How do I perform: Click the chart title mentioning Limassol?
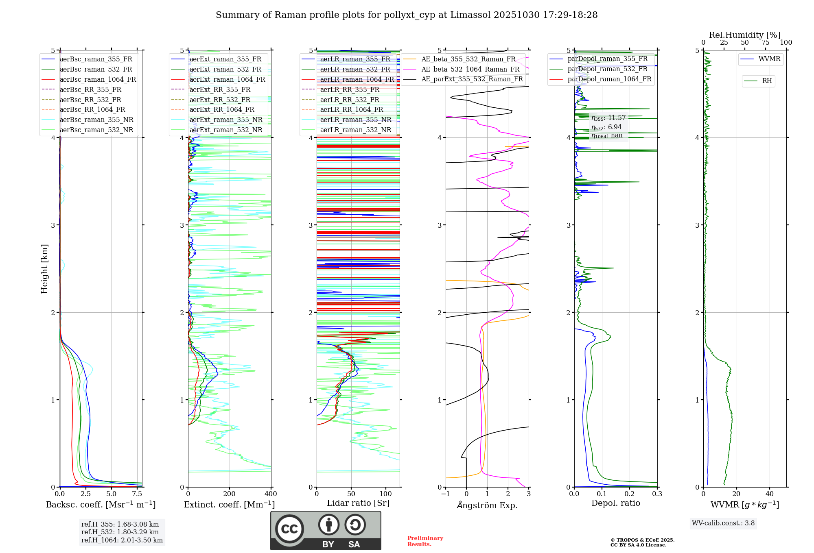pyautogui.click(x=407, y=15)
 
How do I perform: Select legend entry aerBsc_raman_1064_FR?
pyautogui.click(x=98, y=79)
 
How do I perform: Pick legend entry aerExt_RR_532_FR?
pyautogui.click(x=220, y=100)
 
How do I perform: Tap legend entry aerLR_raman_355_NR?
pyautogui.click(x=355, y=120)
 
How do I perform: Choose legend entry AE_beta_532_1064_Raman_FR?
pyautogui.click(x=470, y=69)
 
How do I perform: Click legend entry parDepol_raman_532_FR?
pyautogui.click(x=607, y=69)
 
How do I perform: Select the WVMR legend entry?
pyautogui.click(x=769, y=59)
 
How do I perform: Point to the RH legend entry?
pyautogui.click(x=767, y=81)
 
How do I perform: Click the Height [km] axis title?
pyautogui.click(x=44, y=269)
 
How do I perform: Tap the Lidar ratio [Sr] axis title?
pyautogui.click(x=358, y=503)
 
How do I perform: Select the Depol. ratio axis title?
pyautogui.click(x=615, y=503)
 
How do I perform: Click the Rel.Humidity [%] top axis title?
pyautogui.click(x=744, y=35)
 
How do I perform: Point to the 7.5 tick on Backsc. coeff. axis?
pyautogui.click(x=137, y=494)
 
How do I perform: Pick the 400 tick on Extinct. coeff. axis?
pyautogui.click(x=271, y=494)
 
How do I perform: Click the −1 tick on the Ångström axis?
pyautogui.click(x=446, y=494)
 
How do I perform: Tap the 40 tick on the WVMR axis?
pyautogui.click(x=769, y=494)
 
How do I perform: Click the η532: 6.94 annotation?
pyautogui.click(x=606, y=127)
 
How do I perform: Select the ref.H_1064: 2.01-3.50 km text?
pyautogui.click(x=122, y=540)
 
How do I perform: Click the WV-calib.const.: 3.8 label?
pyautogui.click(x=723, y=523)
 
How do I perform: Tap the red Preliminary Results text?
pyautogui.click(x=425, y=541)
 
